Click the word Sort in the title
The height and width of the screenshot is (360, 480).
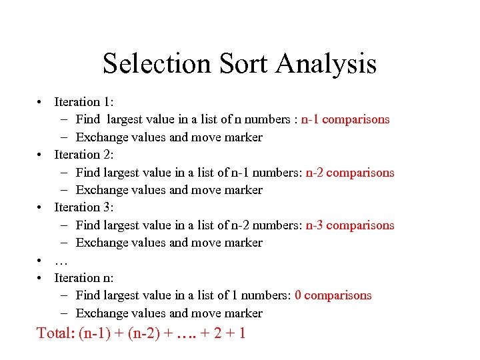pyautogui.click(x=245, y=64)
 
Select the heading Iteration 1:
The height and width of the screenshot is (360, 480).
pyautogui.click(x=84, y=102)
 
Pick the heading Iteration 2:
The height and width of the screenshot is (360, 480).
pyautogui.click(x=84, y=155)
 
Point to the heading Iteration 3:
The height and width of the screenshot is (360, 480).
pyautogui.click(x=84, y=207)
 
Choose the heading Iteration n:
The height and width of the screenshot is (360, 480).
pyautogui.click(x=84, y=277)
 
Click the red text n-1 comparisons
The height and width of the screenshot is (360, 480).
pyautogui.click(x=345, y=119)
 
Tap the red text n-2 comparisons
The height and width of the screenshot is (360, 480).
pyautogui.click(x=350, y=173)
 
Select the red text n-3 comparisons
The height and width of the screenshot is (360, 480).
pyautogui.click(x=350, y=225)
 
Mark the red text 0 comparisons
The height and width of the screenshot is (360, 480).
pyautogui.click(x=333, y=295)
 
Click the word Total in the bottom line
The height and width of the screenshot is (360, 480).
pyautogui.click(x=55, y=333)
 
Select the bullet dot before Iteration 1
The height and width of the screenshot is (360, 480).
pyautogui.click(x=41, y=102)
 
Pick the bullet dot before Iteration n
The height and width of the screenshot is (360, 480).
pyautogui.click(x=41, y=277)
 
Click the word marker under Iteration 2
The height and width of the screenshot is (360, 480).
pyautogui.click(x=243, y=190)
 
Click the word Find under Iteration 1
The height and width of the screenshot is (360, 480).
pyautogui.click(x=88, y=119)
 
